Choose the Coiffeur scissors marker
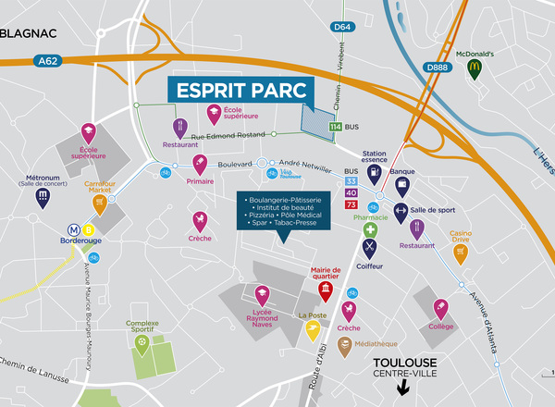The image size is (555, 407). (x=370, y=248)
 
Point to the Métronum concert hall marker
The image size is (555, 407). (x=42, y=197)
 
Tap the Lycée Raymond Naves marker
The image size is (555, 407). (x=262, y=296)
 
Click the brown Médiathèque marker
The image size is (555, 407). (x=345, y=347)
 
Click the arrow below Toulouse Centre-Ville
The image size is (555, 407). (x=401, y=388)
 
